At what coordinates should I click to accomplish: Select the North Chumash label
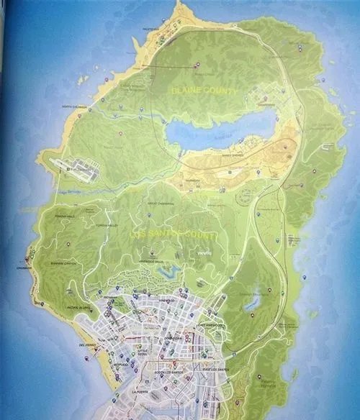pos(75,107)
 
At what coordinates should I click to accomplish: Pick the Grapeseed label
pos(266,104)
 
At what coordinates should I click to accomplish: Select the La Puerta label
pos(142,392)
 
